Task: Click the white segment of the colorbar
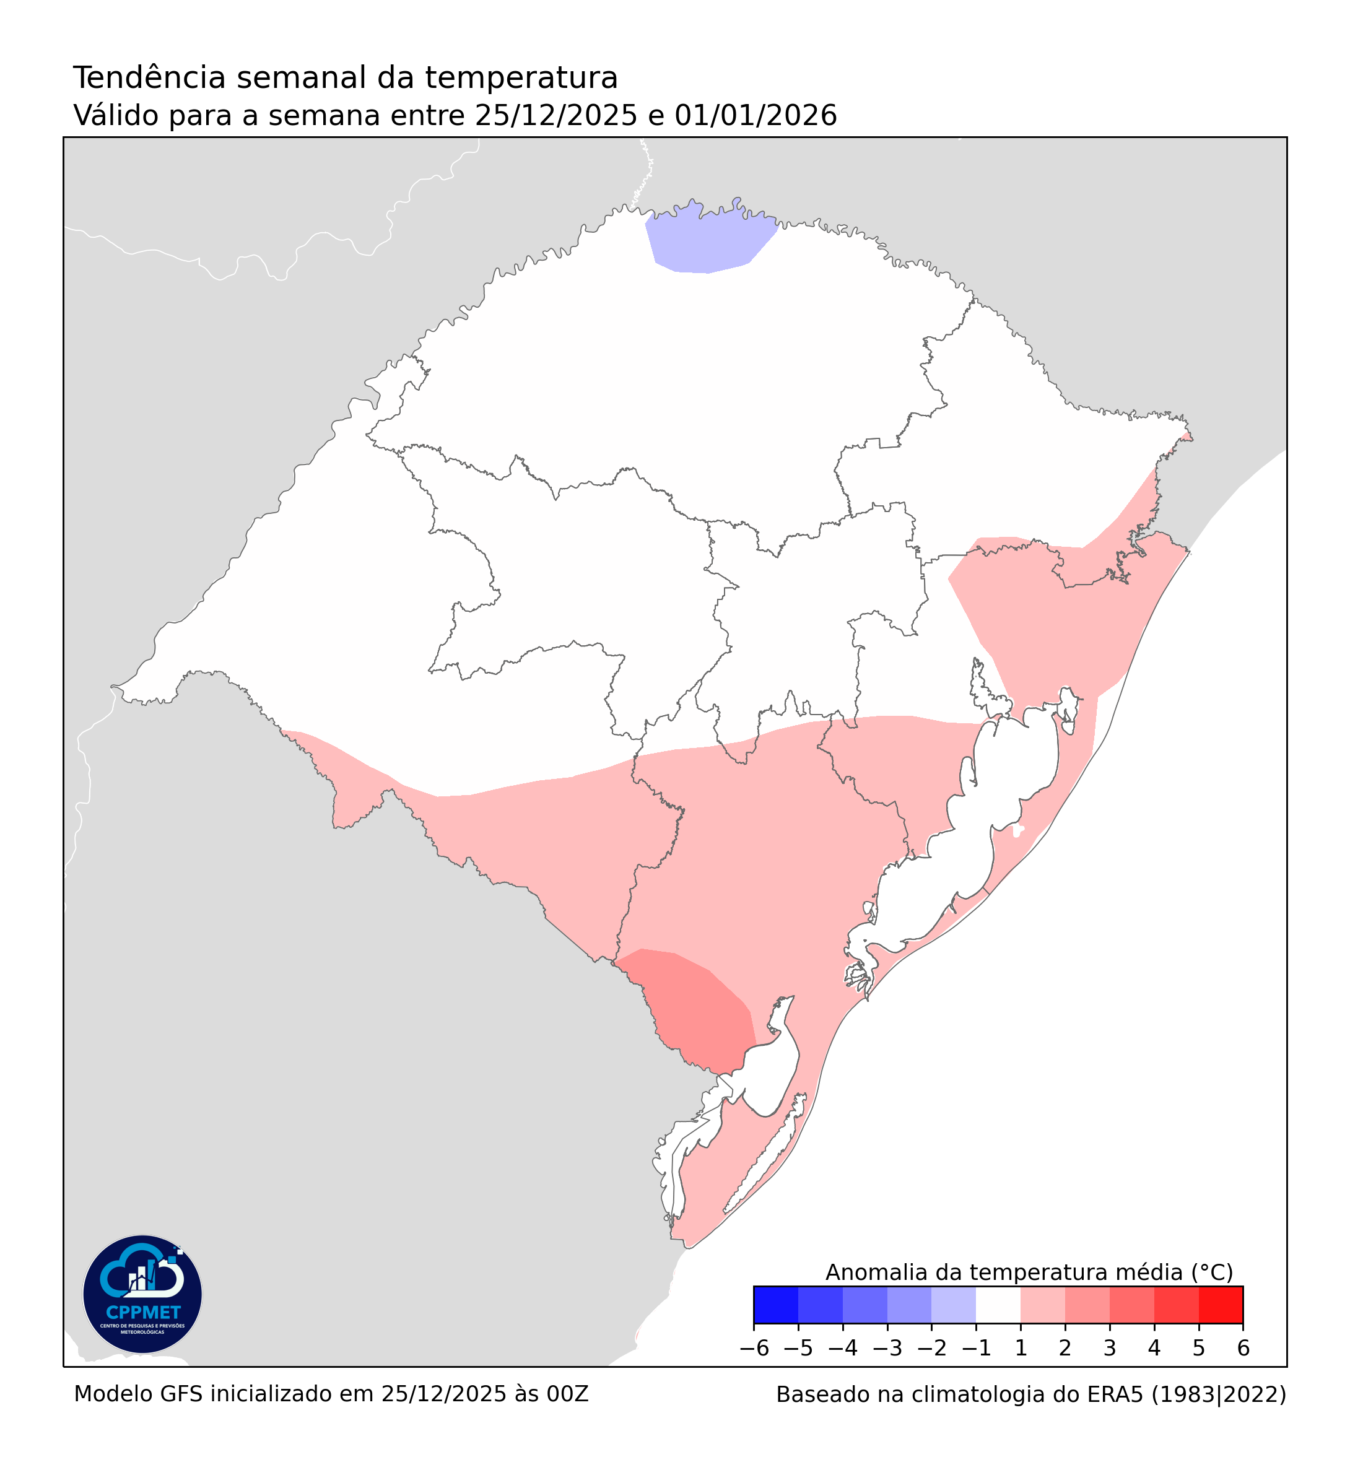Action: pos(998,1305)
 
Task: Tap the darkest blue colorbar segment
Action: pos(776,1305)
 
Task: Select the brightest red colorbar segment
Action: pos(1221,1305)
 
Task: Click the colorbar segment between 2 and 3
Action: pos(1087,1305)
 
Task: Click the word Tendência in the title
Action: pos(150,78)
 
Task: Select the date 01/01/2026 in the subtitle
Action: pos(756,115)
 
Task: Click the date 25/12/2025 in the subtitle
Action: pos(556,115)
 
